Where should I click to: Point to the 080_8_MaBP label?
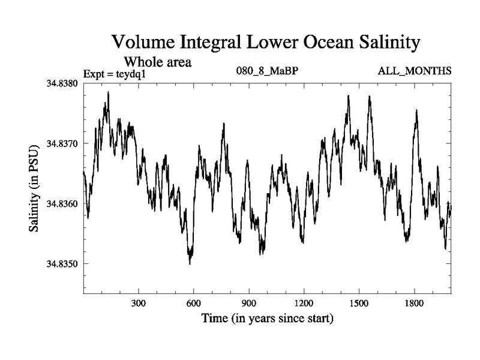[x=268, y=71]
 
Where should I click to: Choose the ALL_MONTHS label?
[x=414, y=71]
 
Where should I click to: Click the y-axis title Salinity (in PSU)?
[x=35, y=188]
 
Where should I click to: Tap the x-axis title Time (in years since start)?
[x=267, y=317]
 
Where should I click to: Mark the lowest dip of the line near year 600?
[x=190, y=263]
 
